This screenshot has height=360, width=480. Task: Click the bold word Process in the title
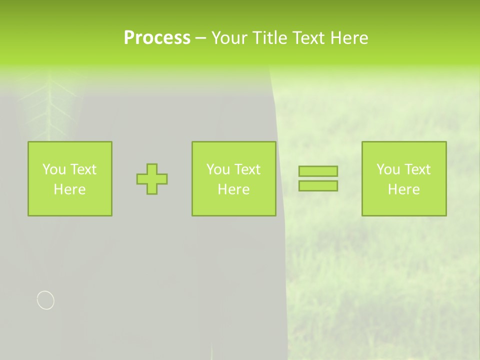tap(157, 37)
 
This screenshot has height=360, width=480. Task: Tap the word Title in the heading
tap(270, 38)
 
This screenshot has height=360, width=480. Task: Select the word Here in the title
tap(349, 38)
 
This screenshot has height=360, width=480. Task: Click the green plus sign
tap(152, 179)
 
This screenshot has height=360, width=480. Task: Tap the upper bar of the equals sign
tap(318, 171)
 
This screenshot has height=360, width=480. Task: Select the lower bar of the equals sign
tap(318, 185)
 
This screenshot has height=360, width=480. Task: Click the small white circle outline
tap(45, 300)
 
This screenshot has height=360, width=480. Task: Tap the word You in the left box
tap(54, 169)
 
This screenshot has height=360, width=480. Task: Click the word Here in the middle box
tap(233, 189)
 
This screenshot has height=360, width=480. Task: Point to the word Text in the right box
tap(417, 169)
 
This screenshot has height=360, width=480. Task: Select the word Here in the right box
tap(404, 189)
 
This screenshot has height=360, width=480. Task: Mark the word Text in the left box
tap(83, 169)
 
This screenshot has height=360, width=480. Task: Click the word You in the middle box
tap(218, 169)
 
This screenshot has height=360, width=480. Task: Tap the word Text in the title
tap(309, 38)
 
